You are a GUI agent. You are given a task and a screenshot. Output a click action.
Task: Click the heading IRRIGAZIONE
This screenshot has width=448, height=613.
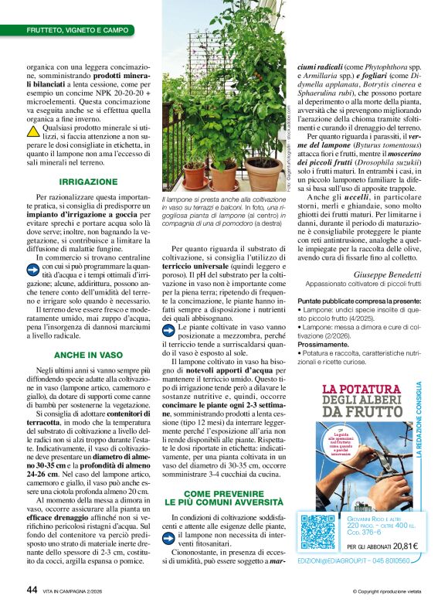[89, 181]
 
